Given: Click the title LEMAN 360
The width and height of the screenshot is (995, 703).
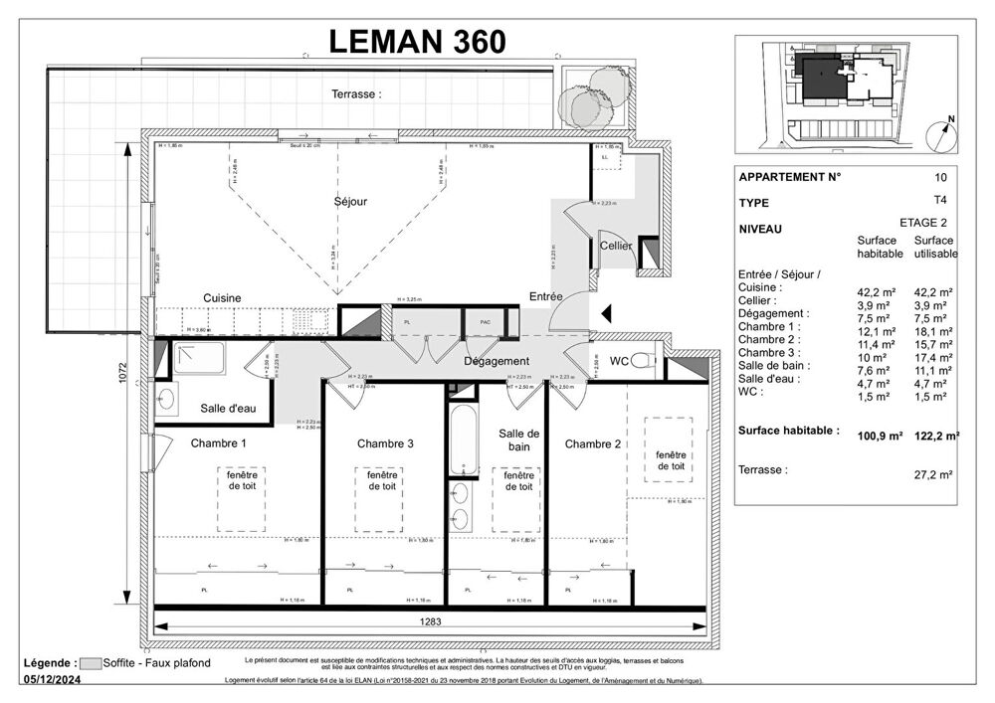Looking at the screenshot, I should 417,41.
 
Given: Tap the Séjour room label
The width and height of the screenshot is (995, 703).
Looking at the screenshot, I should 350,202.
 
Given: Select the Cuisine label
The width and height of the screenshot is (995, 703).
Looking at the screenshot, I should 222,298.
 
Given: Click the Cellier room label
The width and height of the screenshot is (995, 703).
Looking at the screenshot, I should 616,246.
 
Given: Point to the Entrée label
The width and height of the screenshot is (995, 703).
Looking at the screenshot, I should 546,296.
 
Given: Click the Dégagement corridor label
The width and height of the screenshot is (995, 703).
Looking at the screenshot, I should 497,361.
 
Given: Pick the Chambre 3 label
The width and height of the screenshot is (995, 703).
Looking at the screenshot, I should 385,443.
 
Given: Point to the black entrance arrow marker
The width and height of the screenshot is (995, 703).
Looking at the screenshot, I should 607,315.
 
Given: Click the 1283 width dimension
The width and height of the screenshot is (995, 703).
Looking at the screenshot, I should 431,622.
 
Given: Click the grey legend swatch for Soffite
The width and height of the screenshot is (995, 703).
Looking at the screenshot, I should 93,663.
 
